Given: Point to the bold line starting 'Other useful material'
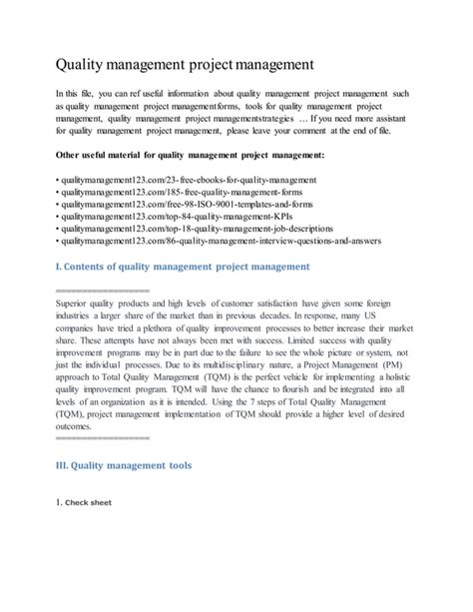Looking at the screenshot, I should [188, 156].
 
